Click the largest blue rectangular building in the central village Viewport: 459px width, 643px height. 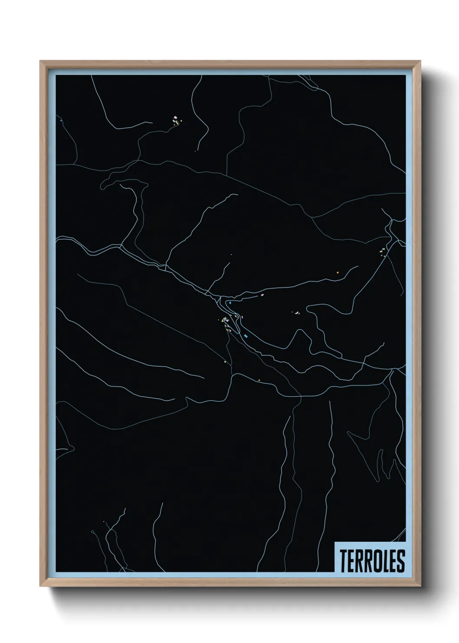(x=246, y=336)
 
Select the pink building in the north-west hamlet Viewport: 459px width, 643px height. (x=175, y=117)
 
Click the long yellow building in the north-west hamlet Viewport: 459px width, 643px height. (x=177, y=123)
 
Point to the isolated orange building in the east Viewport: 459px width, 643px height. (x=337, y=272)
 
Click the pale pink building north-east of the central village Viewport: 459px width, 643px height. (x=262, y=295)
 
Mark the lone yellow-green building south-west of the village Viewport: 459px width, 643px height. (x=224, y=361)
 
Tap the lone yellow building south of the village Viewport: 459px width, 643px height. (x=259, y=381)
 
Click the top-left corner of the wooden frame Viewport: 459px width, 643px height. (x=40, y=61)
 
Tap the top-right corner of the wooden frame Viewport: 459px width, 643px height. (x=420, y=61)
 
